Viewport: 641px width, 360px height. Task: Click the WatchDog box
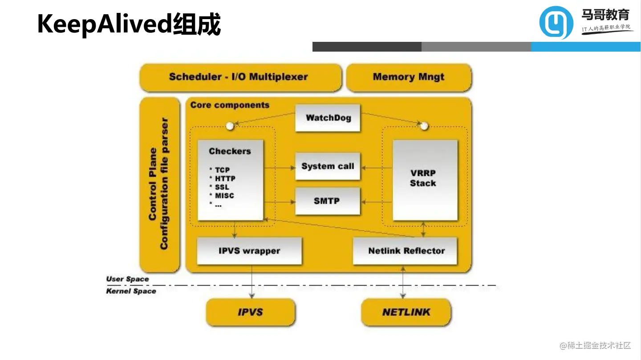click(x=328, y=118)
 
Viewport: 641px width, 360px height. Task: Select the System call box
click(x=328, y=166)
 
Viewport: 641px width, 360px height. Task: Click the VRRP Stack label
click(x=423, y=178)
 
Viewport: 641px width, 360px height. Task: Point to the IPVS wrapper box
click(x=249, y=251)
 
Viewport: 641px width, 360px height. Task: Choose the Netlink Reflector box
click(x=406, y=251)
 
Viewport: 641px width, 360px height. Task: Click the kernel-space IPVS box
click(x=250, y=312)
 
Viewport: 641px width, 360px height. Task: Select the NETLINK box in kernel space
click(x=406, y=312)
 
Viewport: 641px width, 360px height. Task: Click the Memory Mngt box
click(x=409, y=77)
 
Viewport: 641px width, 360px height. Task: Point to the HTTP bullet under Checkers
click(x=225, y=178)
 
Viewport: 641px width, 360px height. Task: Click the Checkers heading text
click(x=230, y=151)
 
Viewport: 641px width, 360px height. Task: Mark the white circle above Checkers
click(x=230, y=126)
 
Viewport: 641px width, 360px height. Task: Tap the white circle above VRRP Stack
click(x=424, y=126)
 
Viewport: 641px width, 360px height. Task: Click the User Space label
click(x=128, y=279)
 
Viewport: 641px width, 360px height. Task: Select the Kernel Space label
click(x=131, y=291)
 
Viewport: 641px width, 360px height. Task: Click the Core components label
click(x=230, y=105)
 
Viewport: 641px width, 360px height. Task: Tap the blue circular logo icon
click(x=556, y=22)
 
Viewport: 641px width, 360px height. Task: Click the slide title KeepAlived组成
click(x=129, y=24)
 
